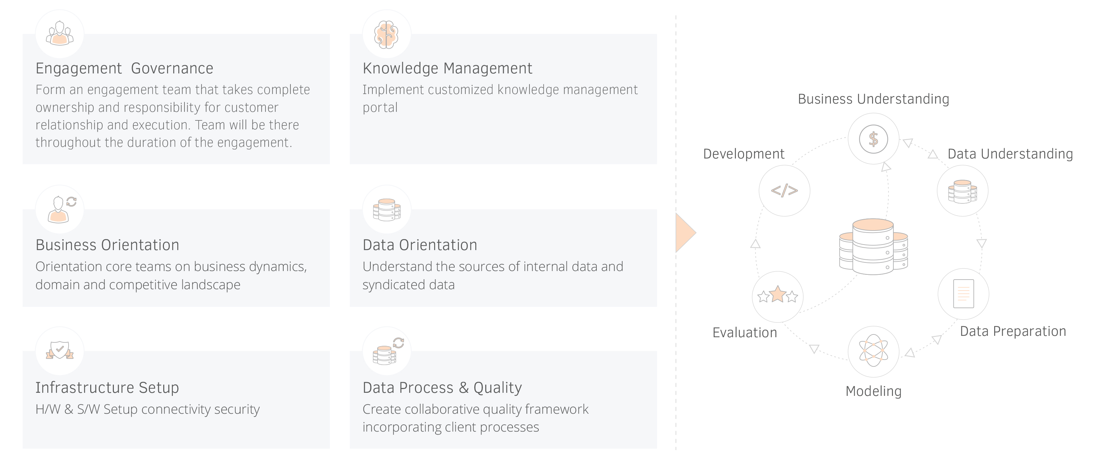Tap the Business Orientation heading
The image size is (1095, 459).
[107, 245]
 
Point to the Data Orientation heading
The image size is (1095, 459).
[419, 245]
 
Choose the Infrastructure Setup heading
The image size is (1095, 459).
[107, 388]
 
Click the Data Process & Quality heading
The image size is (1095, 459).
[442, 388]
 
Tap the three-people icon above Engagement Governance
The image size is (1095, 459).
[60, 33]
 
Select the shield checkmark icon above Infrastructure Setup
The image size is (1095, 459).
[60, 350]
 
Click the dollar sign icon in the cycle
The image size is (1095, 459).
[873, 139]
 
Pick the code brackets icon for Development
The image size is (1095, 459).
[784, 190]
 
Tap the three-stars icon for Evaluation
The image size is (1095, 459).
[777, 294]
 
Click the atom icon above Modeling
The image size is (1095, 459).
[873, 351]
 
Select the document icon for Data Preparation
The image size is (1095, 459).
[963, 294]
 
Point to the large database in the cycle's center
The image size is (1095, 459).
[873, 247]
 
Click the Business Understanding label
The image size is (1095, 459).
[873, 99]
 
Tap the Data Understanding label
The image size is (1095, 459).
[1010, 154]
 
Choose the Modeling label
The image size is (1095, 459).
[873, 391]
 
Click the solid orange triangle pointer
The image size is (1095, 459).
[685, 233]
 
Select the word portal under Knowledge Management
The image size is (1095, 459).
[380, 108]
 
